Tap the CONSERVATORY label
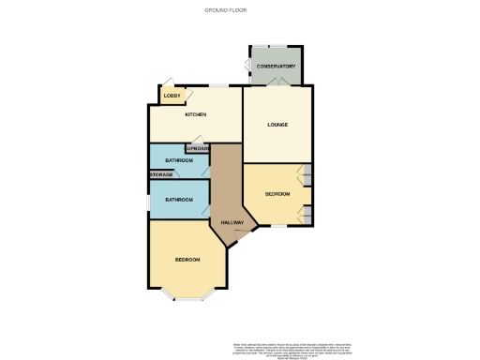point(277,67)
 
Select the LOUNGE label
point(277,125)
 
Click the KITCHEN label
point(195,115)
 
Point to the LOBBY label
point(172,96)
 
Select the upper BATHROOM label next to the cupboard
point(179,161)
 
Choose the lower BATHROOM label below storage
point(179,200)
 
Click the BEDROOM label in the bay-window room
point(187,259)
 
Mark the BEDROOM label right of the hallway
point(277,194)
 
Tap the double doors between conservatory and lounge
point(277,83)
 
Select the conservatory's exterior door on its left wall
point(247,65)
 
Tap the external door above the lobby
point(169,82)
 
